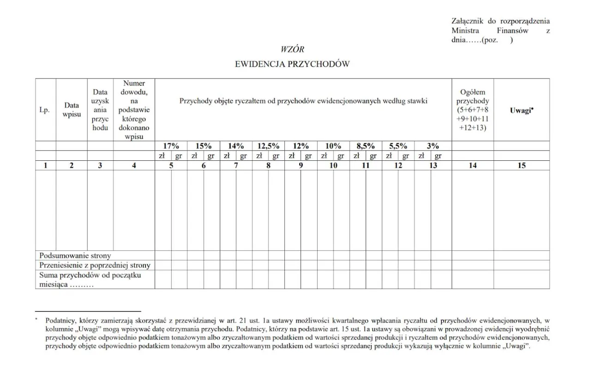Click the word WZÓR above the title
click(x=292, y=49)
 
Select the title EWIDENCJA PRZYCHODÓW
click(x=292, y=64)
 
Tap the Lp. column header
click(x=45, y=110)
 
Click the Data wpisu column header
click(x=72, y=110)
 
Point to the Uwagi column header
click(x=522, y=110)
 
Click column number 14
click(x=472, y=165)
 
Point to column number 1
click(x=45, y=165)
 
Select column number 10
click(x=333, y=165)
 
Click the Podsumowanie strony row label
click(x=75, y=256)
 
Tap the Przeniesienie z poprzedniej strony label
click(x=95, y=265)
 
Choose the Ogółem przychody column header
click(x=473, y=110)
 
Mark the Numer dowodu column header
click(x=134, y=110)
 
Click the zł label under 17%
click(x=162, y=156)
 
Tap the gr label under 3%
click(x=438, y=156)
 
